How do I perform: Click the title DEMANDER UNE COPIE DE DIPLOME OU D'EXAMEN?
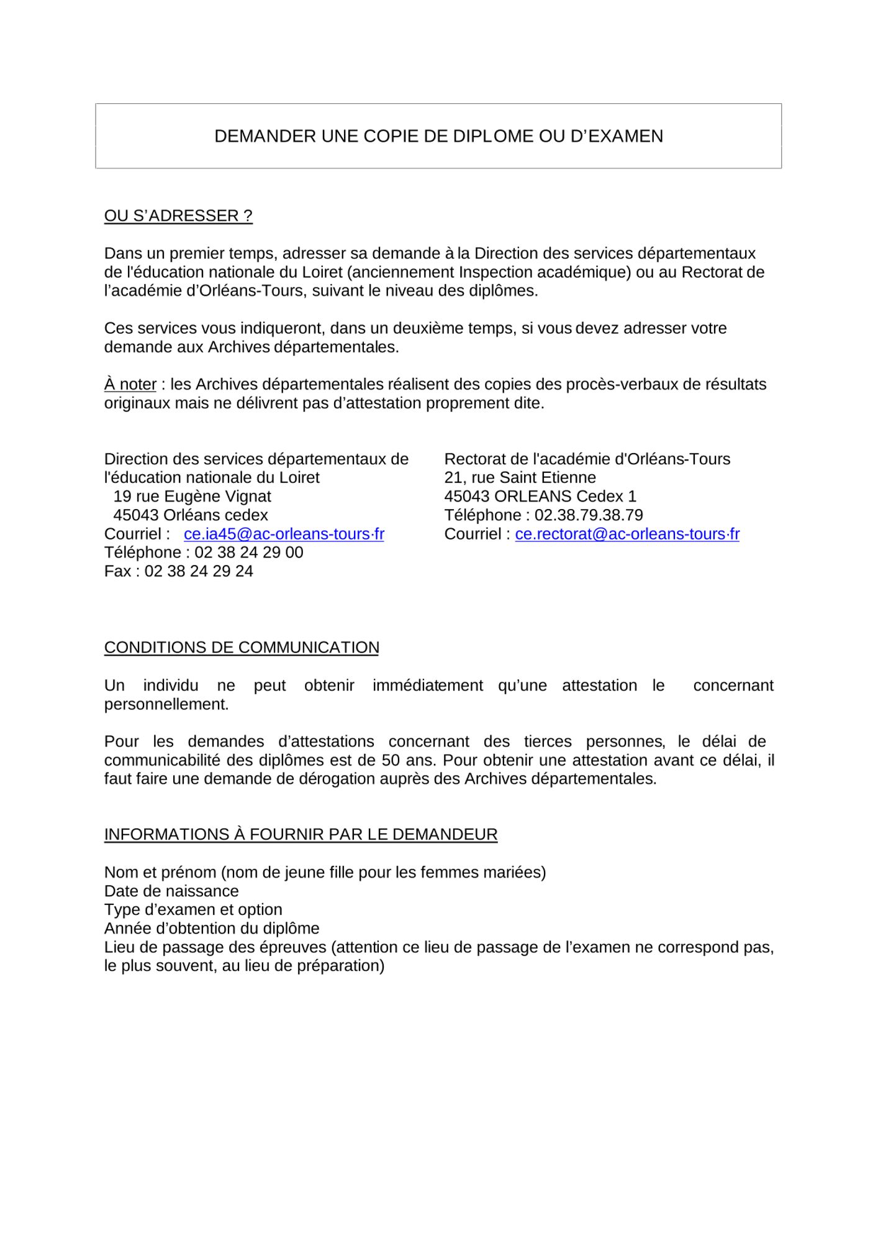coord(438,136)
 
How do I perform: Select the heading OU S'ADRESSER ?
coord(178,216)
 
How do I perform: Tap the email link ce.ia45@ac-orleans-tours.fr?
coord(284,534)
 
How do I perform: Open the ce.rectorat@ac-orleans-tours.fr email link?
coord(627,534)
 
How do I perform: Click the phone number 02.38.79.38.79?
coord(589,515)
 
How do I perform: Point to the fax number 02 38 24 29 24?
coord(199,571)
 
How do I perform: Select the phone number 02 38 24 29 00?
coord(249,553)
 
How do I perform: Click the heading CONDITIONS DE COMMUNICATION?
coord(242,648)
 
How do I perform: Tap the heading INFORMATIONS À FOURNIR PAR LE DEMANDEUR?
coord(301,835)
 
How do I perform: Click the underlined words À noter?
coord(130,384)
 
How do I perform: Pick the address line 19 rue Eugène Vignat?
coord(192,497)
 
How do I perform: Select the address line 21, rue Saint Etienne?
coord(520,478)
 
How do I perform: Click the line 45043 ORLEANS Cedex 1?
coord(540,497)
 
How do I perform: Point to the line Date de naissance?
coord(171,891)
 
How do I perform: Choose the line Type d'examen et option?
coord(193,910)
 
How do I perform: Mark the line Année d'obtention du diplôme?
coord(212,929)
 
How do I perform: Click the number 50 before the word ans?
coord(390,760)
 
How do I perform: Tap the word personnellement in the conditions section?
coord(166,704)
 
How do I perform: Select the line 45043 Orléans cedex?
coord(191,515)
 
